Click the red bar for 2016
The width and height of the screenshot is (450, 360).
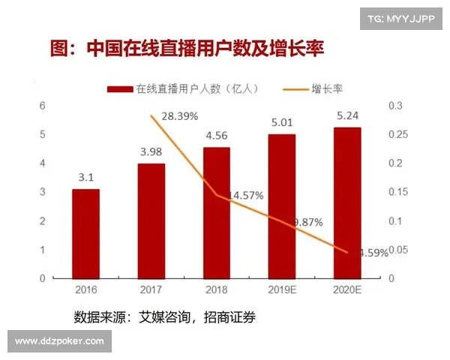coord(85,233)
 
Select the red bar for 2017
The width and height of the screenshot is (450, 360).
coord(151,220)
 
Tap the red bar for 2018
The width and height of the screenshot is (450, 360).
coord(217,212)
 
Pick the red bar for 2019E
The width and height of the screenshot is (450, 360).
coord(282,205)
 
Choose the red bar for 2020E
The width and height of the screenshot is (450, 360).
coord(347,202)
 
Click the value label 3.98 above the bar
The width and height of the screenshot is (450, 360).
coord(151,152)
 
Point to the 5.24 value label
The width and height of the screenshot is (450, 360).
coord(347,116)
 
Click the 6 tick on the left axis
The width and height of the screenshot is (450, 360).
coord(43,106)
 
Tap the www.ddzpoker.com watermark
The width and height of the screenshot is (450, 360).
coord(60,341)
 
